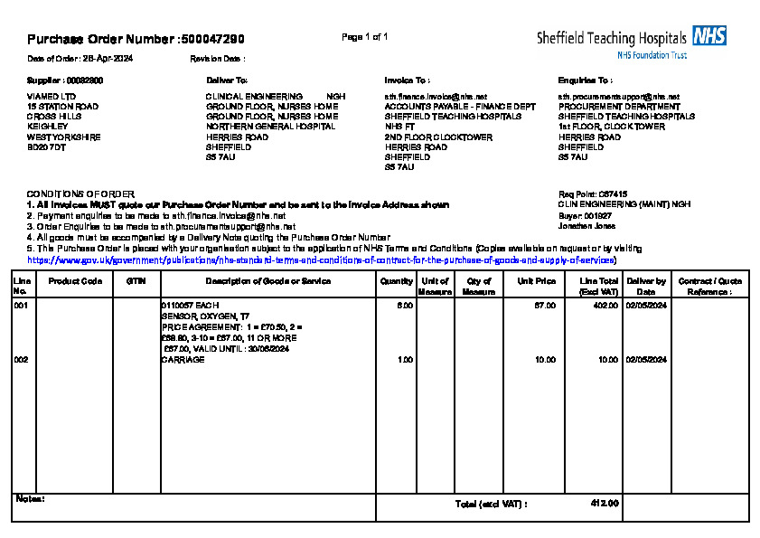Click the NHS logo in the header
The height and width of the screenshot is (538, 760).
click(709, 36)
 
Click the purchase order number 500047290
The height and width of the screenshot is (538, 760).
click(212, 39)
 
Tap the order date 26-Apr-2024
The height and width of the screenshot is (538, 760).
click(108, 58)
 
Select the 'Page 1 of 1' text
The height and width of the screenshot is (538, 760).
click(365, 37)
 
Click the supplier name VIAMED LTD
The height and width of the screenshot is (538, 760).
click(52, 96)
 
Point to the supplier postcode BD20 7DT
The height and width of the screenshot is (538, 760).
click(47, 146)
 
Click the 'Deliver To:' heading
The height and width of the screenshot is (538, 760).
click(227, 80)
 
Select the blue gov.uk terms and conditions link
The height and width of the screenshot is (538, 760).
click(322, 260)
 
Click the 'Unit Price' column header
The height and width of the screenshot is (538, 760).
click(536, 281)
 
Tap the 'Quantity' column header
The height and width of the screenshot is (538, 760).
click(397, 281)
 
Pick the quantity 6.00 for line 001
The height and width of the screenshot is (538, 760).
click(405, 306)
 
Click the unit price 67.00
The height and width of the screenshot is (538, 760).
click(545, 306)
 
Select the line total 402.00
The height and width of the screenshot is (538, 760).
click(605, 306)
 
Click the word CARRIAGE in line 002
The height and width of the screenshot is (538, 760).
click(183, 360)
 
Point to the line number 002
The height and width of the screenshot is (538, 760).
click(21, 360)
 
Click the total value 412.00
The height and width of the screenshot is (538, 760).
click(604, 504)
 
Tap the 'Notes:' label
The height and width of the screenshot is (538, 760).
click(31, 499)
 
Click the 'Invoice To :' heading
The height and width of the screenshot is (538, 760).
click(407, 80)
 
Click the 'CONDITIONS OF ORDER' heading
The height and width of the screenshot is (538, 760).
click(80, 194)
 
